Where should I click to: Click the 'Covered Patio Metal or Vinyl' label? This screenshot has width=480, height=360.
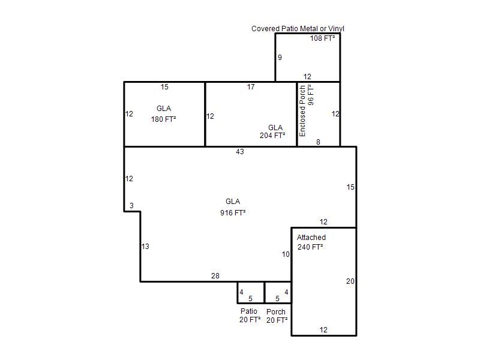298,29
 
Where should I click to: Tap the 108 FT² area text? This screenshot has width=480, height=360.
322,38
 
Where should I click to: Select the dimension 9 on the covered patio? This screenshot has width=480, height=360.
280,58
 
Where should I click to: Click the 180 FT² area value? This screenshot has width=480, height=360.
163,119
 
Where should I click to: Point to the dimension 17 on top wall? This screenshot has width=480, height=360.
251,87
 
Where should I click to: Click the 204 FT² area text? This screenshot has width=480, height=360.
272,136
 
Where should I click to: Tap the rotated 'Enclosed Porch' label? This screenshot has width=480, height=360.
302,111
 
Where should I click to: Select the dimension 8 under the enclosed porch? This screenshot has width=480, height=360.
319,142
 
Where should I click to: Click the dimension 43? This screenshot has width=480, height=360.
240,152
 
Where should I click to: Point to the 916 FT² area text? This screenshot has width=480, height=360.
233,212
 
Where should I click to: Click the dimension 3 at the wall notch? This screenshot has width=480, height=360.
131,205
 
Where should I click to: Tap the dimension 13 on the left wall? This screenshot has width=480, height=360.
145,246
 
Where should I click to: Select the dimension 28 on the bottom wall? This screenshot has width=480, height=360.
215,276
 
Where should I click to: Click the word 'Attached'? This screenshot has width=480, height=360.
311,237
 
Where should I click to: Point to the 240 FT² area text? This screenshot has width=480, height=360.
310,247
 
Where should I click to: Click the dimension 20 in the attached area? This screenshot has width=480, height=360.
350,281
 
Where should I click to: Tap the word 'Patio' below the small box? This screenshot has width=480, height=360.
249,311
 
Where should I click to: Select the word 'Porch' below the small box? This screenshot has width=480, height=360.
276,311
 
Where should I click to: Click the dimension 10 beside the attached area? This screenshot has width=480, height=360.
286,254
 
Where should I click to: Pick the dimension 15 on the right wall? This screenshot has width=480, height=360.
350,187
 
